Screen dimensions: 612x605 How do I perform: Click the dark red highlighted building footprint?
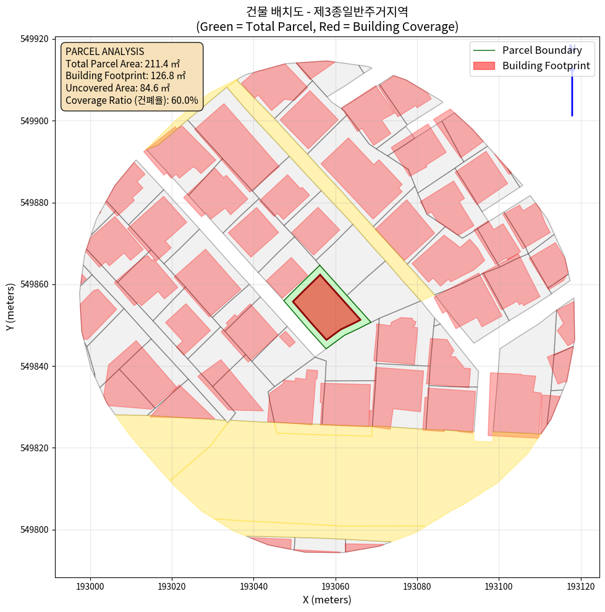pyautogui.click(x=324, y=308)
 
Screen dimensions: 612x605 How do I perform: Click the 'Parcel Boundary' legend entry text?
pyautogui.click(x=542, y=50)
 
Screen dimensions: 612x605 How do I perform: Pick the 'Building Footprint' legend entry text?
pyautogui.click(x=546, y=66)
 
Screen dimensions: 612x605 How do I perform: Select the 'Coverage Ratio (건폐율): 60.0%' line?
pyautogui.click(x=132, y=100)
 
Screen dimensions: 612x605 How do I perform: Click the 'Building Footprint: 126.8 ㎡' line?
pyautogui.click(x=125, y=76)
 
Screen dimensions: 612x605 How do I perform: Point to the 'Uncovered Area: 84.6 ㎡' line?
pyautogui.click(x=117, y=88)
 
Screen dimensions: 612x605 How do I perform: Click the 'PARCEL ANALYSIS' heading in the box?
pyautogui.click(x=104, y=51)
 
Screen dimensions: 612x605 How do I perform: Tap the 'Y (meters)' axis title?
pyautogui.click(x=11, y=307)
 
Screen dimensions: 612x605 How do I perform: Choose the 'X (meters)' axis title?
pyautogui.click(x=327, y=600)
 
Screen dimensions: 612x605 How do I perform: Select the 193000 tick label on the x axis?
pyautogui.click(x=90, y=585)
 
